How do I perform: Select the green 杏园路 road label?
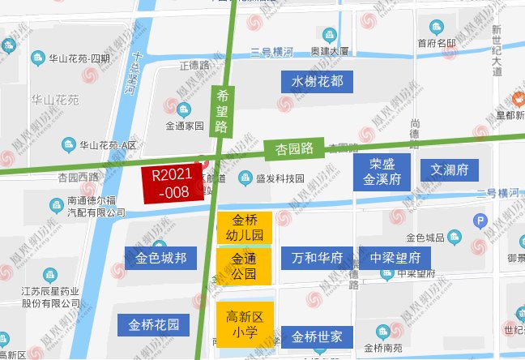click(x=294, y=148)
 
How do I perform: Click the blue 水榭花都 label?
click(x=318, y=81)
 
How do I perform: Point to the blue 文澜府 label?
click(x=449, y=170)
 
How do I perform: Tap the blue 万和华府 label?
click(x=317, y=259)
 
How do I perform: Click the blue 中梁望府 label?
click(x=395, y=259)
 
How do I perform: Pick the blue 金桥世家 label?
click(x=318, y=336)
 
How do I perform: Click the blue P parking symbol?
click(x=480, y=220)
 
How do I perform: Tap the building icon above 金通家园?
click(x=185, y=109)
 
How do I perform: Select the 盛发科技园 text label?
click(x=280, y=178)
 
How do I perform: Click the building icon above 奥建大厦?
click(x=329, y=35)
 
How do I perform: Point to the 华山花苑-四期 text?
click(x=79, y=58)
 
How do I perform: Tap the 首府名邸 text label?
click(x=437, y=43)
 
